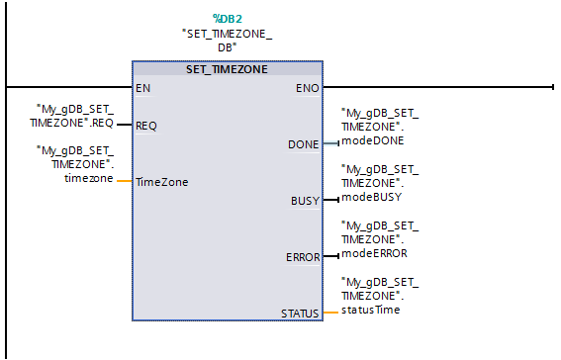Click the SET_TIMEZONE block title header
[227, 69]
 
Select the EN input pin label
[142, 87]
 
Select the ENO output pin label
[307, 87]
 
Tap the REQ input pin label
[145, 126]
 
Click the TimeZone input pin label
[161, 182]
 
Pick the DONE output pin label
[303, 144]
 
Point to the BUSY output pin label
[305, 201]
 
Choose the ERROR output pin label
[302, 257]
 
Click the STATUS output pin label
[300, 314]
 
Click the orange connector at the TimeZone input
[124, 182]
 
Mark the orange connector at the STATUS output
[330, 314]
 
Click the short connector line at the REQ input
[124, 126]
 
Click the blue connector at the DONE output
[330, 144]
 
